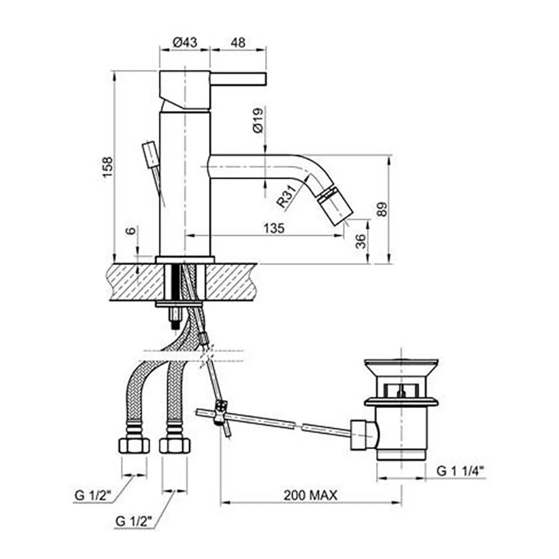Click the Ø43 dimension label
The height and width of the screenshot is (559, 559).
click(x=184, y=42)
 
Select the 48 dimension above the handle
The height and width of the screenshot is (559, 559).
click(x=237, y=42)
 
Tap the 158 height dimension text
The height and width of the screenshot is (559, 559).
click(x=107, y=167)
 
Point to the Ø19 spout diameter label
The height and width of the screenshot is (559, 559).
click(x=258, y=120)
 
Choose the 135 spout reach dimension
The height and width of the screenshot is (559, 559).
click(x=274, y=228)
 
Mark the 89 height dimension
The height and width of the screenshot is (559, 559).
click(x=382, y=210)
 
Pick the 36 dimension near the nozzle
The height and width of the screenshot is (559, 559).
click(x=361, y=241)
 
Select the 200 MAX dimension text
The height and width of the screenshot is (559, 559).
click(x=310, y=495)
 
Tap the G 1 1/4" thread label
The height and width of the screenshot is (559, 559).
click(x=459, y=471)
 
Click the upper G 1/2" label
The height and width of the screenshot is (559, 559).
click(x=94, y=495)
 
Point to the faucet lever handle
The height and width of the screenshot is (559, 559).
click(x=238, y=78)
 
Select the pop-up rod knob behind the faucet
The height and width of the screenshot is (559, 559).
click(x=150, y=153)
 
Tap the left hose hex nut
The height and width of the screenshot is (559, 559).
click(x=134, y=445)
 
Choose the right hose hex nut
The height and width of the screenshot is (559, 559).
click(x=174, y=445)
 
